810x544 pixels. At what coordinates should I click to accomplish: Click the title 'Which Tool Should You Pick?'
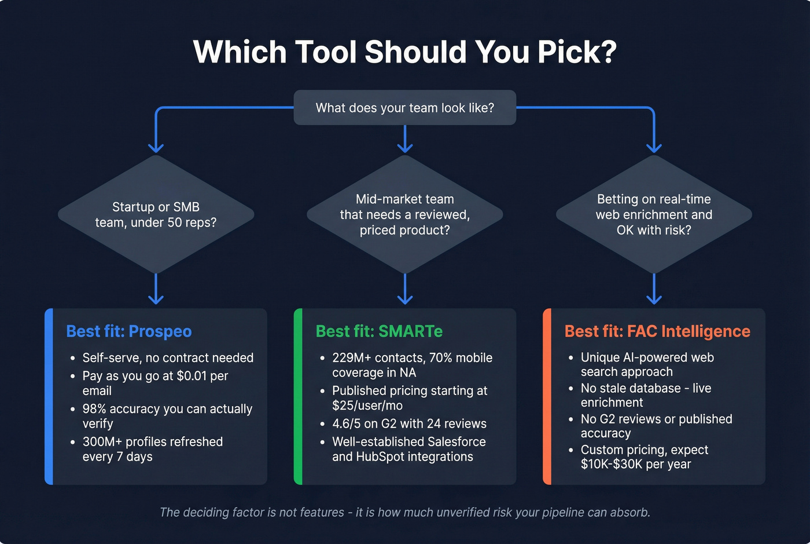pyautogui.click(x=405, y=52)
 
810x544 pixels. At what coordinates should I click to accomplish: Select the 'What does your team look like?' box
pyautogui.click(x=405, y=108)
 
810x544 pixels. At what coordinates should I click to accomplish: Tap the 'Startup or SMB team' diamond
pyautogui.click(x=156, y=214)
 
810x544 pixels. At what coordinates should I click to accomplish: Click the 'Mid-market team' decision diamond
pyautogui.click(x=405, y=214)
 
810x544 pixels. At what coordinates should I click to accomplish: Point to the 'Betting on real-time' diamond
pyautogui.click(x=654, y=214)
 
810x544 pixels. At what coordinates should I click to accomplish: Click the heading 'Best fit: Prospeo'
pyautogui.click(x=129, y=331)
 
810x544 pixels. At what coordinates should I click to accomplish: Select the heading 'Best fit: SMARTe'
pyautogui.click(x=379, y=331)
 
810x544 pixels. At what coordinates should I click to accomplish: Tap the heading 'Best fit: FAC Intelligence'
pyautogui.click(x=657, y=331)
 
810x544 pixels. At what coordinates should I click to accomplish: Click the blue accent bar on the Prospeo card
pyautogui.click(x=49, y=396)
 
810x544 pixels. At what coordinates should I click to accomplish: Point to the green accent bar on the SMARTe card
pyautogui.click(x=298, y=396)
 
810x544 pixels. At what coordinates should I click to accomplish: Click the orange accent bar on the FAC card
pyautogui.click(x=547, y=396)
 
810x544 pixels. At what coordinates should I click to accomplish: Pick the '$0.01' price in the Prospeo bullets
pyautogui.click(x=192, y=376)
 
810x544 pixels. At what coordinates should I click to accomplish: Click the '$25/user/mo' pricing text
pyautogui.click(x=367, y=406)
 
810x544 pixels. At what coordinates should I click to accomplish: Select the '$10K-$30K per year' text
pyautogui.click(x=636, y=464)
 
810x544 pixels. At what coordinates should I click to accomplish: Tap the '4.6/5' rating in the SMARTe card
pyautogui.click(x=346, y=423)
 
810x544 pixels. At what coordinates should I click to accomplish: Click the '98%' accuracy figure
pyautogui.click(x=94, y=409)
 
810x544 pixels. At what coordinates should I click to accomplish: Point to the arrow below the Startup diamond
pyautogui.click(x=156, y=290)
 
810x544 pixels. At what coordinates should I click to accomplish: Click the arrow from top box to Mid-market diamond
pyautogui.click(x=405, y=139)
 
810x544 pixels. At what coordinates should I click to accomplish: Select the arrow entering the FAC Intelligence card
pyautogui.click(x=654, y=290)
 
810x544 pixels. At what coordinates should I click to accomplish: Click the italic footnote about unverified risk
pyautogui.click(x=405, y=512)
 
